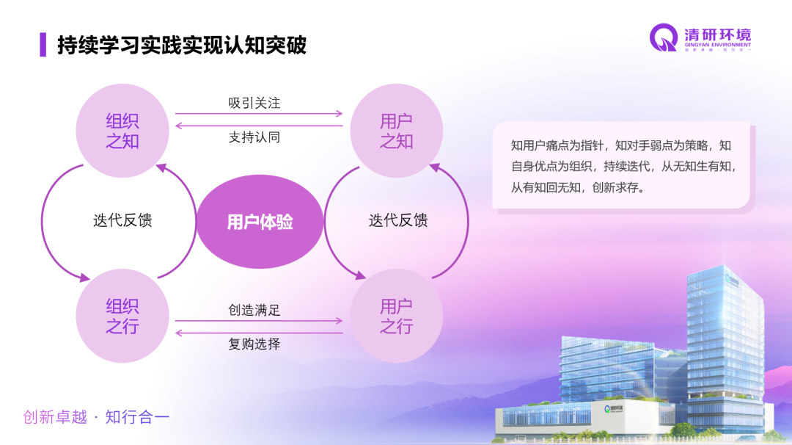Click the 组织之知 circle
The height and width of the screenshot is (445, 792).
[x=122, y=131]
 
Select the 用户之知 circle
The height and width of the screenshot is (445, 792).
[x=396, y=131]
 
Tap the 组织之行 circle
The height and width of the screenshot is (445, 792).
[x=122, y=316]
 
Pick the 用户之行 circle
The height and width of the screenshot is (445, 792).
[x=396, y=316]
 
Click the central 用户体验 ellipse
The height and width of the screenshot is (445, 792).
[x=260, y=222]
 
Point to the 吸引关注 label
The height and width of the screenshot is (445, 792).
[x=254, y=103]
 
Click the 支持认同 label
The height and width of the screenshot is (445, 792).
[x=254, y=137]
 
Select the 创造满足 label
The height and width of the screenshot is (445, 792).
[x=254, y=310]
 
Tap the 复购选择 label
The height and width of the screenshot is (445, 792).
[x=254, y=344]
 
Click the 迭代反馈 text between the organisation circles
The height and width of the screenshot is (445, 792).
[x=122, y=220]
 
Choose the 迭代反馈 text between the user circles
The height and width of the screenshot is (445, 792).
[x=398, y=220]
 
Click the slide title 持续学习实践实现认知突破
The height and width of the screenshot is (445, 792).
[x=182, y=45]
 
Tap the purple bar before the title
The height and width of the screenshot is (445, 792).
[x=43, y=45]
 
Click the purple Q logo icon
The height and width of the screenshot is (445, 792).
[x=664, y=38]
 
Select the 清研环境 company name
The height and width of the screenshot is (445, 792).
[x=716, y=35]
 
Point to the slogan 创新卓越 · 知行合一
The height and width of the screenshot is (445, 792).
[x=96, y=417]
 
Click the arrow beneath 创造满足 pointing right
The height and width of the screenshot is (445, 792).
[x=259, y=321]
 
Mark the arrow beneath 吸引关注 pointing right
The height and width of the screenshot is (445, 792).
[x=259, y=114]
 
